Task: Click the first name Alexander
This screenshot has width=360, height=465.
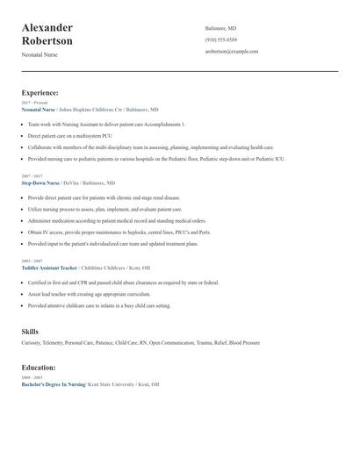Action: point(47,28)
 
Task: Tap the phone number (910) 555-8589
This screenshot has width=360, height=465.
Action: point(220,40)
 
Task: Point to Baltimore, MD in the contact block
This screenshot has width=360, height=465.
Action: point(220,29)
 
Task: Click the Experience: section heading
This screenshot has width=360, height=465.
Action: point(40,92)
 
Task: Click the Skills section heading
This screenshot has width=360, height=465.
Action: point(30,332)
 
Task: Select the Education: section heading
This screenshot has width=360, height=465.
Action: point(39,368)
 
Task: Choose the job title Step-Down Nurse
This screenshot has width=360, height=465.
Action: point(40,182)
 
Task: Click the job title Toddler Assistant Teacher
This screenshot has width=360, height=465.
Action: point(49,268)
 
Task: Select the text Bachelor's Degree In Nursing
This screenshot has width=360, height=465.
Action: point(53,384)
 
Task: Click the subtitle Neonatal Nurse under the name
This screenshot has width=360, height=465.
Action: point(40,55)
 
